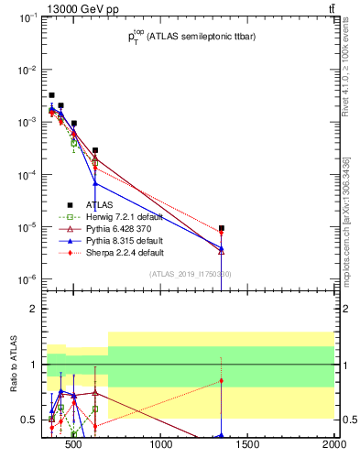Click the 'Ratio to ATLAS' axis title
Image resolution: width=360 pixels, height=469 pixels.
coord(14,365)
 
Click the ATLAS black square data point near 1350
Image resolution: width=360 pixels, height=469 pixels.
coord(222,228)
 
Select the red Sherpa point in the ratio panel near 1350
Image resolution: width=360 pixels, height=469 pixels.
coord(222,380)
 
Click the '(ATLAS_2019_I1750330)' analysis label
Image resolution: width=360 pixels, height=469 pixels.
coord(190,274)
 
